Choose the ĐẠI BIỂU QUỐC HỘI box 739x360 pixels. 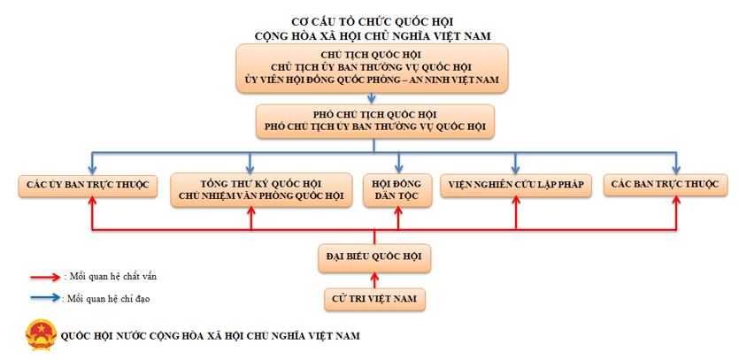pos(374,258)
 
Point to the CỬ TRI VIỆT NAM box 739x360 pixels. pos(374,299)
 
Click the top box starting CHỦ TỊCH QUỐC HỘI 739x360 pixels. pos(373,68)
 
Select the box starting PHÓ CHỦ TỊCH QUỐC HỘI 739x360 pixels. pos(374,121)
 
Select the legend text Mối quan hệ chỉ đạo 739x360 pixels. pos(109,299)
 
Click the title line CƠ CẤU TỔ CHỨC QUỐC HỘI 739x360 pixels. pos(373,20)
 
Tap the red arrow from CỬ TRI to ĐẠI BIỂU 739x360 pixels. pos(374,280)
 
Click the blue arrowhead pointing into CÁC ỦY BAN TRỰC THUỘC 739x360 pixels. pos(93,169)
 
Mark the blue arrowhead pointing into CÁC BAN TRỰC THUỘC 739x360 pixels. pos(677,169)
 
